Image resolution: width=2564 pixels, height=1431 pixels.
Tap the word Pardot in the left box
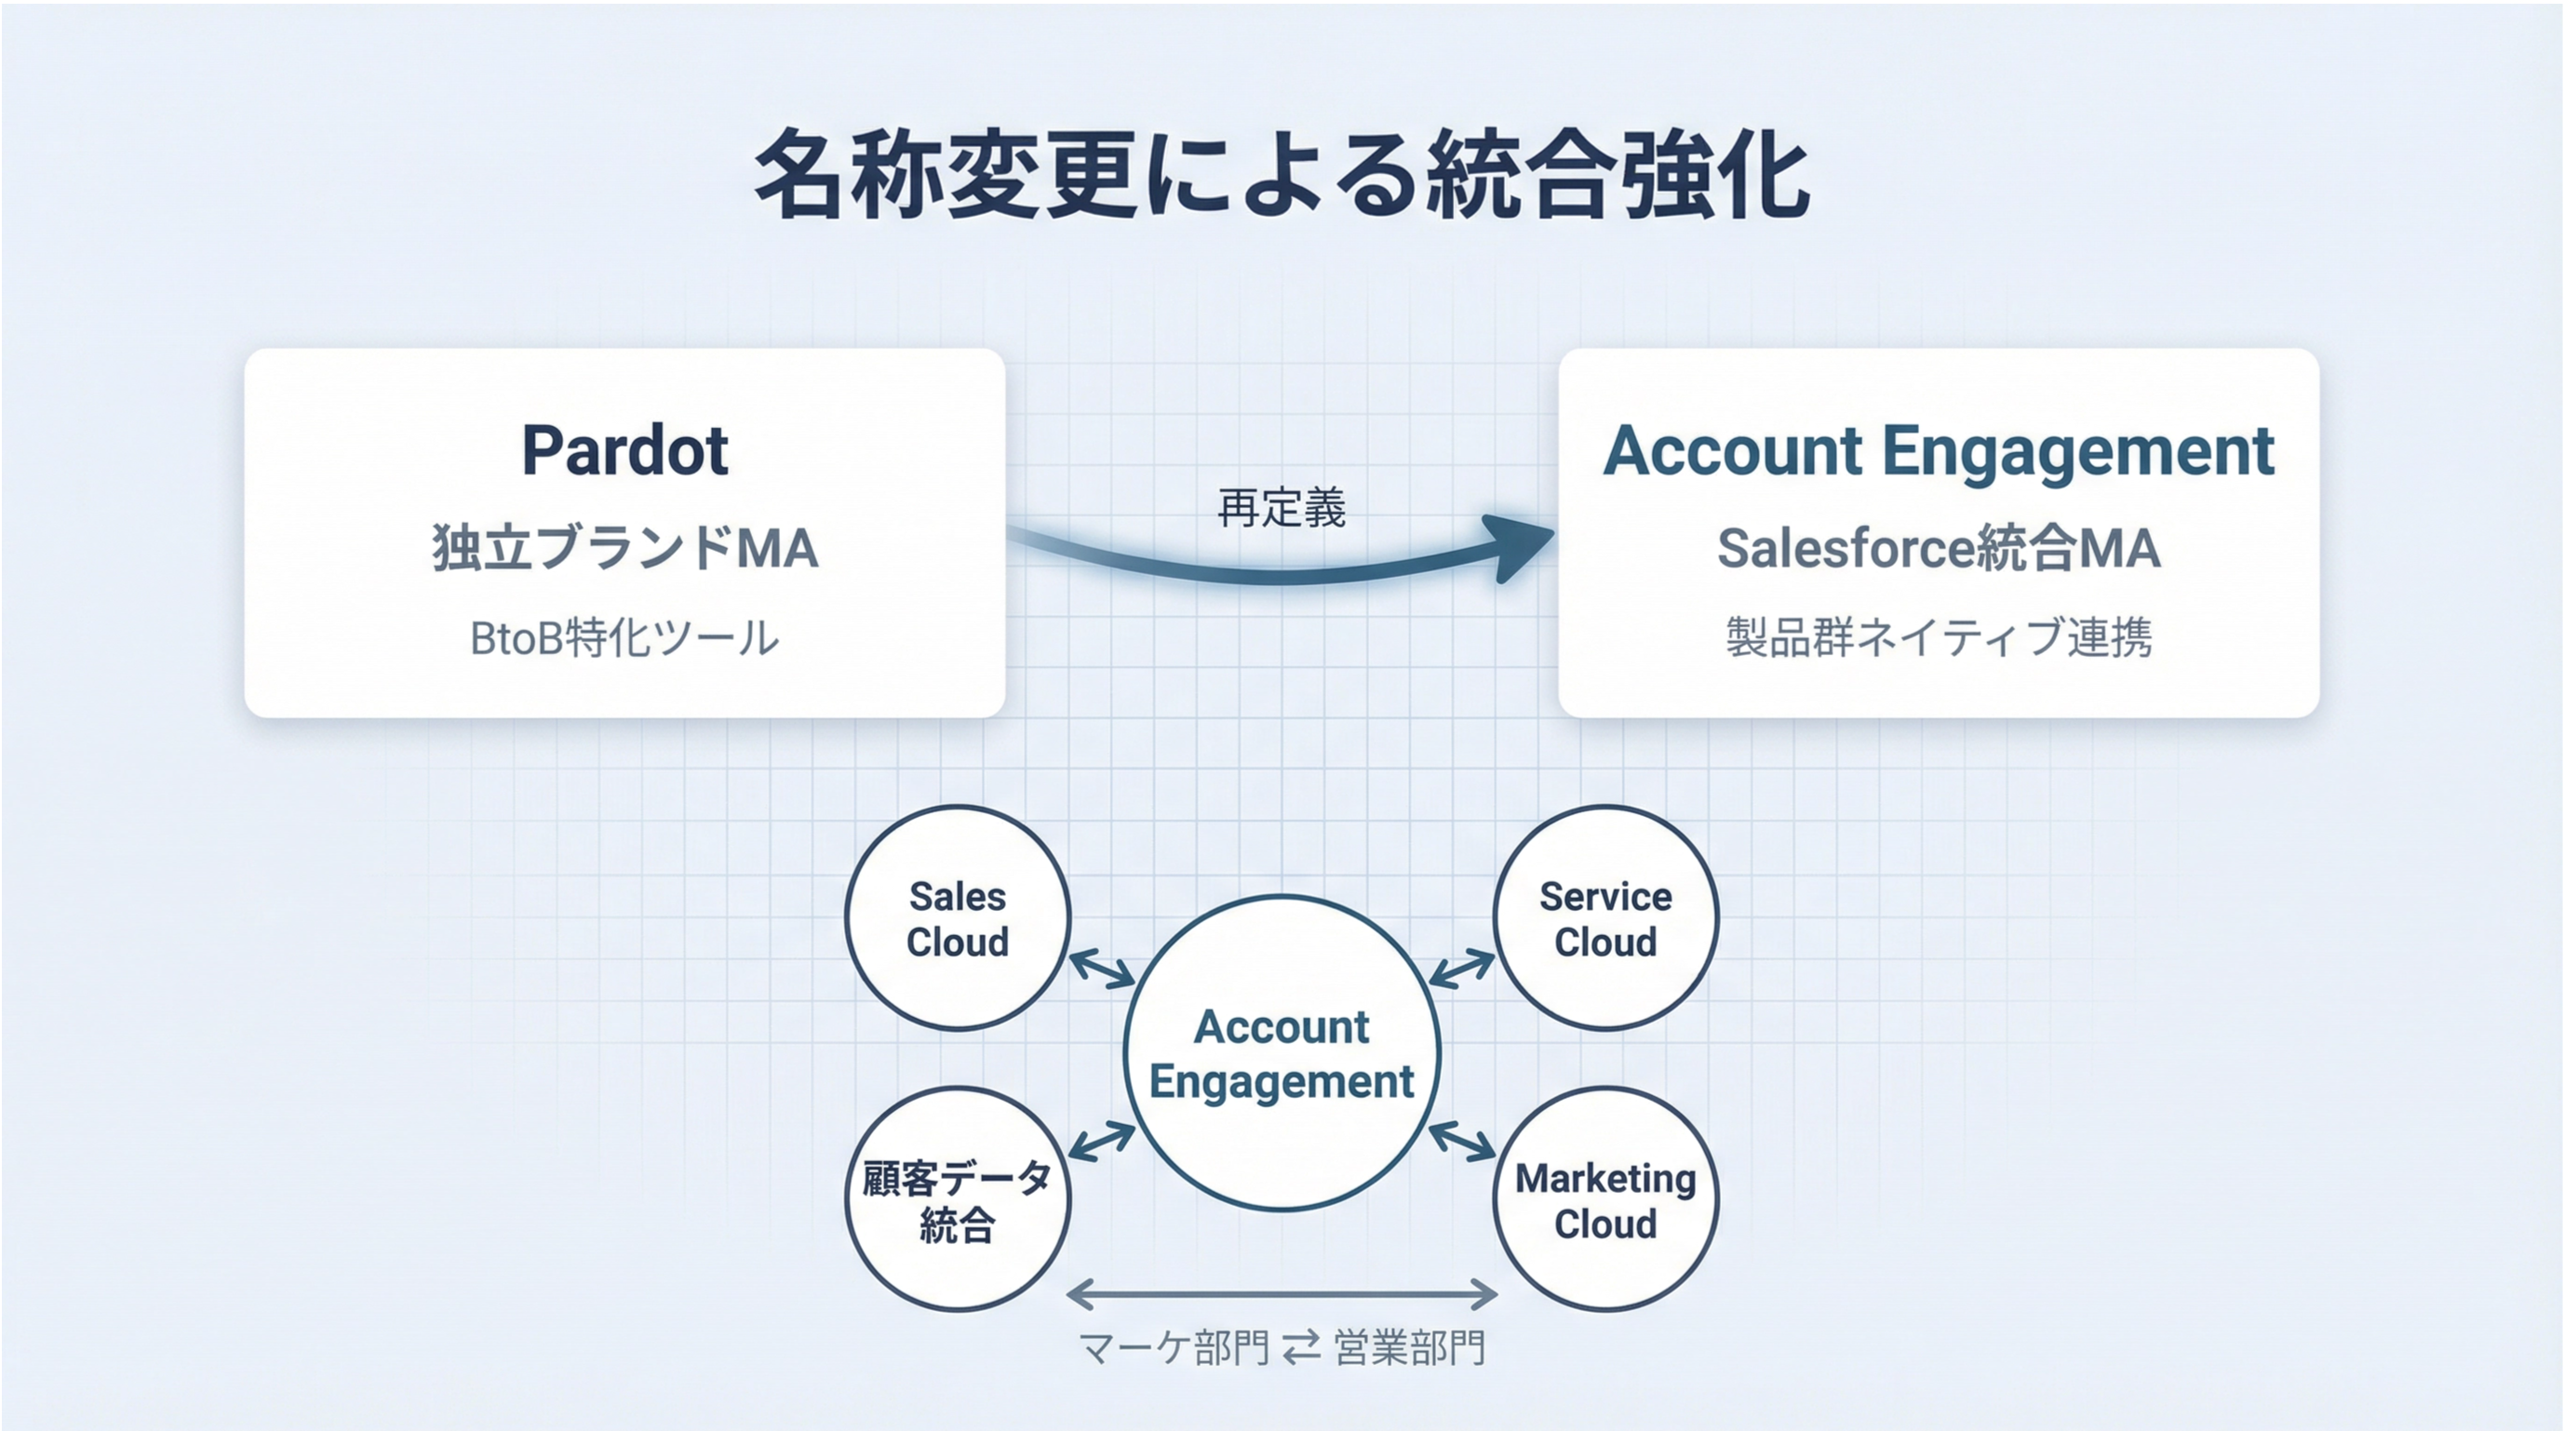(x=625, y=451)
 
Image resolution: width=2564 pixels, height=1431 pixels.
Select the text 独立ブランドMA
(x=625, y=548)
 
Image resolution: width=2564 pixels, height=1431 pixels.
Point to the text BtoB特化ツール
(x=624, y=638)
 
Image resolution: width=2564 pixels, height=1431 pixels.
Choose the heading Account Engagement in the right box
(x=1938, y=451)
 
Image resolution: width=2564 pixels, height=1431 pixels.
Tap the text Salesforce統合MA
(x=1938, y=548)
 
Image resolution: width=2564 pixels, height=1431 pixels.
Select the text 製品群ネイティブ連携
(x=1938, y=638)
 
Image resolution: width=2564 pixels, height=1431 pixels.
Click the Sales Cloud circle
(x=958, y=917)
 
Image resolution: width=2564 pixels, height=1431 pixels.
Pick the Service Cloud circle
(x=1605, y=917)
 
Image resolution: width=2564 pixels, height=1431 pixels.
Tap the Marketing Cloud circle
(x=1605, y=1199)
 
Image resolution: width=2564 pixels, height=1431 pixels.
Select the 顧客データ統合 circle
(x=958, y=1199)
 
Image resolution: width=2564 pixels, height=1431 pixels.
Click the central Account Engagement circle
(x=1282, y=1053)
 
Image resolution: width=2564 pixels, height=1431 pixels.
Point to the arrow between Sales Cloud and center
(x=1102, y=969)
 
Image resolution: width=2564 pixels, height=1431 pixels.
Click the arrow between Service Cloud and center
(x=1462, y=969)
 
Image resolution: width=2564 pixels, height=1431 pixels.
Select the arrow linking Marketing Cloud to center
(x=1462, y=1141)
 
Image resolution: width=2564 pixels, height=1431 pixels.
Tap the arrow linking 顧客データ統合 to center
(x=1102, y=1141)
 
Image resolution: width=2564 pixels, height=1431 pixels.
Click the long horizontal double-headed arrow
(x=1282, y=1293)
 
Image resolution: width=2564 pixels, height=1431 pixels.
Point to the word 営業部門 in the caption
(x=1409, y=1348)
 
